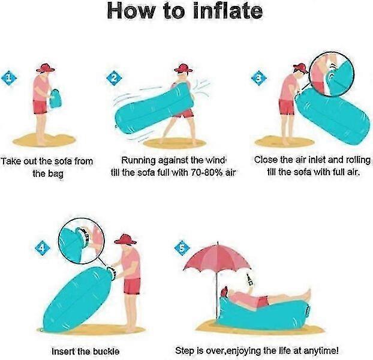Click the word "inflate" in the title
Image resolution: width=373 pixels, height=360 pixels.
click(228, 11)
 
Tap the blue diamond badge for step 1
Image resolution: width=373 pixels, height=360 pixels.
click(9, 78)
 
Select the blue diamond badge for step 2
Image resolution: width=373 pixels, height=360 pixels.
click(114, 78)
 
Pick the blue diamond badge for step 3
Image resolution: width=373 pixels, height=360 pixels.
click(259, 78)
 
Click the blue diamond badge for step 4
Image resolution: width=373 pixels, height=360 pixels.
click(43, 248)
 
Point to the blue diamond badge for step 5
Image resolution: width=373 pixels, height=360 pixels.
click(182, 248)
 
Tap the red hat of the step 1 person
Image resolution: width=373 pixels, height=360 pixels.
click(46, 68)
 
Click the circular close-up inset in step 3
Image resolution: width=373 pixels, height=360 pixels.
click(332, 74)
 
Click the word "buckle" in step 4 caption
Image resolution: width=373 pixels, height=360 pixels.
click(106, 351)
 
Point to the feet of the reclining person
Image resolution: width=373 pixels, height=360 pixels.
click(308, 295)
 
